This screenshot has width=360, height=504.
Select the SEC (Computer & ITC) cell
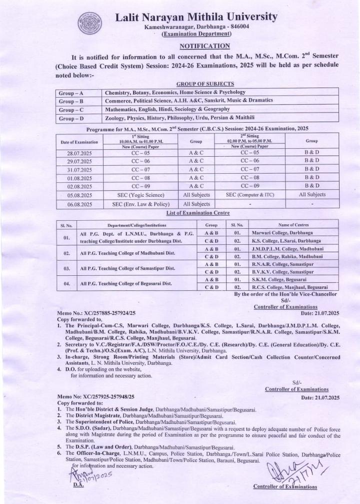pos(250,195)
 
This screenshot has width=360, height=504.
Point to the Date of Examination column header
pos(79,143)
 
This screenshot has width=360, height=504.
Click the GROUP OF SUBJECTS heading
pos(205,84)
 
